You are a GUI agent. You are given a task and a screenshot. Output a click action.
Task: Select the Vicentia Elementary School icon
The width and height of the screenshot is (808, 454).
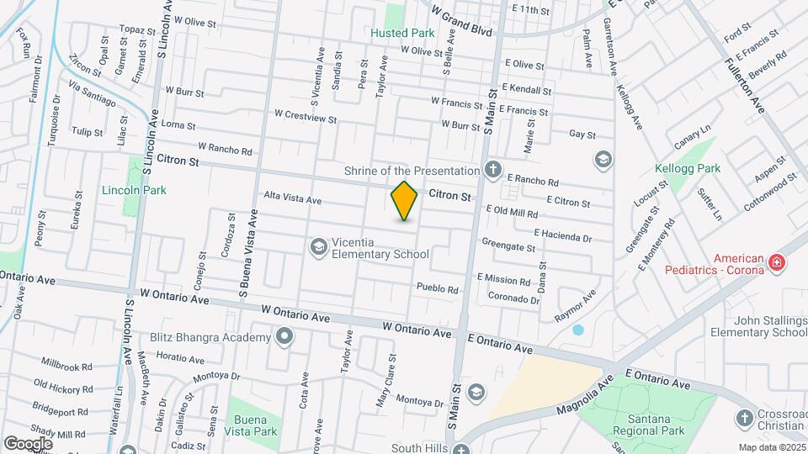[x=319, y=246]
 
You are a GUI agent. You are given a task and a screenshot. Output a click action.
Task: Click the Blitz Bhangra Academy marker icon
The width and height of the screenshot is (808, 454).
[x=284, y=337]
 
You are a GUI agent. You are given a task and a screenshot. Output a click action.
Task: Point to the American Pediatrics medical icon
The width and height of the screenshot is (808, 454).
[x=776, y=265]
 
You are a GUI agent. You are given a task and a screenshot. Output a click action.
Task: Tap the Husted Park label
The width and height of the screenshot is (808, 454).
[x=403, y=34]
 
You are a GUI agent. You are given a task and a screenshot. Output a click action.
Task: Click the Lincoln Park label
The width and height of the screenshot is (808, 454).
[x=134, y=190]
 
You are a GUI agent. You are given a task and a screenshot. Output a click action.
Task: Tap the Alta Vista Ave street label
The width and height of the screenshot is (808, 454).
[x=293, y=200]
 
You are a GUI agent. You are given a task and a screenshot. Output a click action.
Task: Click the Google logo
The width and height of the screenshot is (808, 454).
[x=28, y=443]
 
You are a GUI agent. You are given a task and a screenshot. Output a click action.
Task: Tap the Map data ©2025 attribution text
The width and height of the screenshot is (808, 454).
[x=772, y=447]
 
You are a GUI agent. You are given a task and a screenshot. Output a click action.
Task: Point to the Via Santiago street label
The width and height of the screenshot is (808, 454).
[x=92, y=94]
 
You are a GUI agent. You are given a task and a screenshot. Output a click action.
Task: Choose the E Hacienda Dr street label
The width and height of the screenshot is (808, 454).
[x=562, y=239]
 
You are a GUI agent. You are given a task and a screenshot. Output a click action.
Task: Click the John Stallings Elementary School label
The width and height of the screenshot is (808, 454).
[x=758, y=326]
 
